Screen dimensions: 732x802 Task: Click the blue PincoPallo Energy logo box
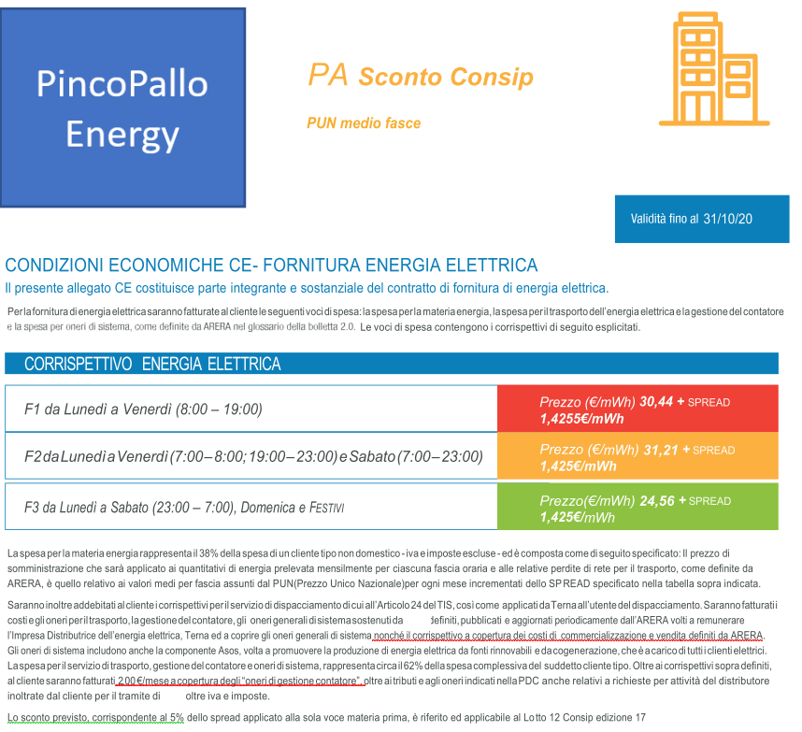tap(124, 108)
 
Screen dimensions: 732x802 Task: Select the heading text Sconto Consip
tap(446, 77)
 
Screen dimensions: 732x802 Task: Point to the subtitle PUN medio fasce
tap(364, 123)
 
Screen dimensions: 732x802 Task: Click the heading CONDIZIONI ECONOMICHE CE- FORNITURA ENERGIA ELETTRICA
tap(271, 266)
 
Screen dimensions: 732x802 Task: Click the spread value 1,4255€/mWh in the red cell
tap(581, 418)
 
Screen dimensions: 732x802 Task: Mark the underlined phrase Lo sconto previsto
tap(46, 717)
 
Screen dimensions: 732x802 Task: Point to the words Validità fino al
tap(664, 219)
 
